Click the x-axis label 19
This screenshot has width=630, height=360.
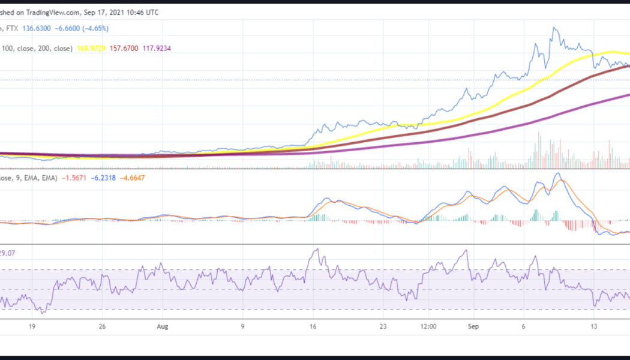33,327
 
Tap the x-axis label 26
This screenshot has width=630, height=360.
103,327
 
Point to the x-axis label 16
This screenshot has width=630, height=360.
313,327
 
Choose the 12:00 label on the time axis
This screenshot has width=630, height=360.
428,327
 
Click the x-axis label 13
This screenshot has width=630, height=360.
593,327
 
